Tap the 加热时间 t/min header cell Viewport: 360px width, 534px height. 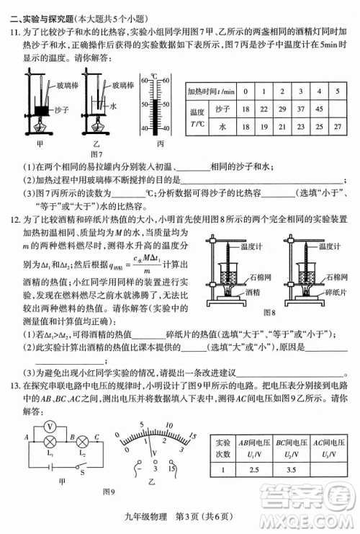[210, 92]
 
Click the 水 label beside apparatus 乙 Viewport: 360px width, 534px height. [113, 104]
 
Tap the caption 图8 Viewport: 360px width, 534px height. [270, 312]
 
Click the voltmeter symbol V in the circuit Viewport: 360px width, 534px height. [50, 426]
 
